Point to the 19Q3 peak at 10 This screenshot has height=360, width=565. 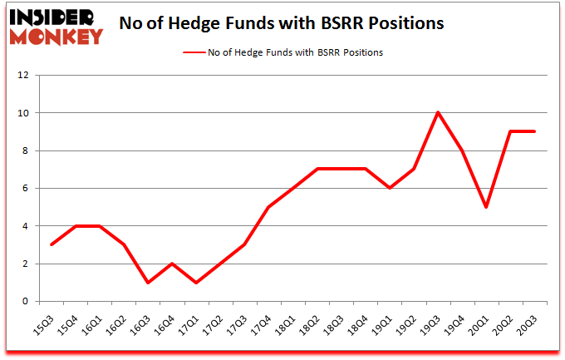coord(437,112)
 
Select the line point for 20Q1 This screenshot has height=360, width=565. coord(485,207)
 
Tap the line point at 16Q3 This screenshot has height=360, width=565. coord(147,283)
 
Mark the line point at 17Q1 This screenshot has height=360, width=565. coord(195,283)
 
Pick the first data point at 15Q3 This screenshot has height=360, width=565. coord(52,244)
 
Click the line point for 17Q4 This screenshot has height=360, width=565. coord(268,207)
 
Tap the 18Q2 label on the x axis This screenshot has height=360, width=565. coord(307,321)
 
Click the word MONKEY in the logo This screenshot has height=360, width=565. coord(55,35)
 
